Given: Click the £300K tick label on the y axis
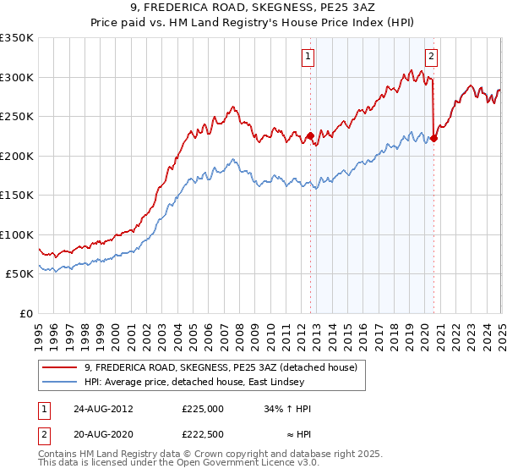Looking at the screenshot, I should point(17,77).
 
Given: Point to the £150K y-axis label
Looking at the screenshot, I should point(17,195).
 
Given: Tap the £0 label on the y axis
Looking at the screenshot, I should point(25,313).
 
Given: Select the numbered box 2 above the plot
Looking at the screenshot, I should point(431,57).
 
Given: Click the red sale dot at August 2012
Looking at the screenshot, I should point(310,135).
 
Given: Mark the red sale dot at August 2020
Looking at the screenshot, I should point(433,138).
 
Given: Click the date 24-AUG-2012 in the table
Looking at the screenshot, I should point(103,408).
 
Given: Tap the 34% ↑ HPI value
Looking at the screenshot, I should point(287,408).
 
